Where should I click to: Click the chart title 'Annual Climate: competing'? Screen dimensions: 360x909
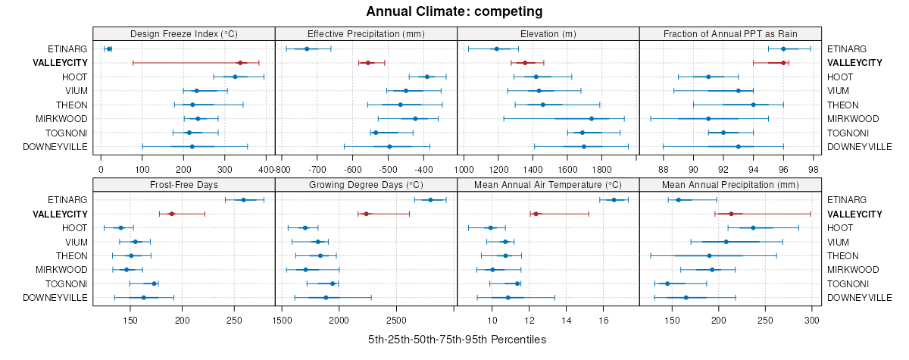tap(454, 11)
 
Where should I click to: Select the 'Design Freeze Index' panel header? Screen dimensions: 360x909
tap(184, 34)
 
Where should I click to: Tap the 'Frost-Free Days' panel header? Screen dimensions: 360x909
tap(184, 184)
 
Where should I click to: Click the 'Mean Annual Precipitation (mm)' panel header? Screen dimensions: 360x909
tap(730, 184)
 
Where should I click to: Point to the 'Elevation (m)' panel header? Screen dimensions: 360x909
tap(548, 34)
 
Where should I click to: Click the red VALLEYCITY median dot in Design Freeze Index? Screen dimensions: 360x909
tap(240, 63)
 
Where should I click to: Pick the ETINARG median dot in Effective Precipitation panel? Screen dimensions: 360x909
tap(307, 49)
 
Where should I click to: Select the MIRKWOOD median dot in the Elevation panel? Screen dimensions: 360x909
tap(592, 119)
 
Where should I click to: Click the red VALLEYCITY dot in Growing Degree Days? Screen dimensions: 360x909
tap(366, 214)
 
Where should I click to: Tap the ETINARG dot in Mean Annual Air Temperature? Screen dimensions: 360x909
tap(614, 200)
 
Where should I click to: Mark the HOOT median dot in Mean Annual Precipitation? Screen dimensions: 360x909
tap(753, 228)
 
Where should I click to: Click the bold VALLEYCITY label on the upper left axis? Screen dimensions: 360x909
tap(61, 63)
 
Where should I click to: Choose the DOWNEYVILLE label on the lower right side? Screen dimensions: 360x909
tap(859, 298)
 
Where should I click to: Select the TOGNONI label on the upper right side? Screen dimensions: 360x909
tap(846, 133)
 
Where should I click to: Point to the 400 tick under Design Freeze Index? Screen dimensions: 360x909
tap(266, 170)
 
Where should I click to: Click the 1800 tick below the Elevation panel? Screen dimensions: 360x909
tap(602, 170)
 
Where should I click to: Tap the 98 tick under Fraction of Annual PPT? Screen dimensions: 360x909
tap(814, 170)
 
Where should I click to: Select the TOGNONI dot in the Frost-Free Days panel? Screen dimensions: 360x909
tap(155, 283)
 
